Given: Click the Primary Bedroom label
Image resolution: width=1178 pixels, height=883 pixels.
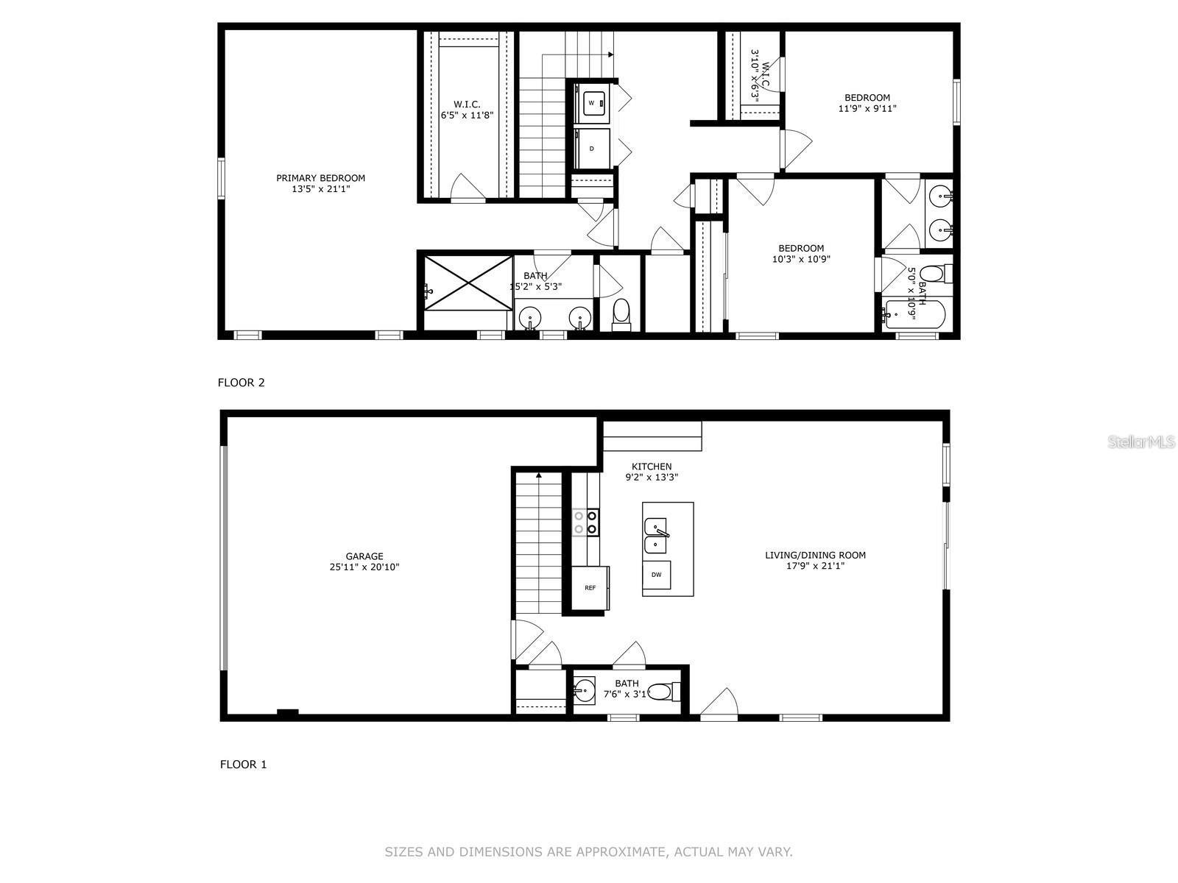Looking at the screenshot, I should tap(320, 178).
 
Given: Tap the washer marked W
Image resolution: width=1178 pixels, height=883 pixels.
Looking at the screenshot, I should tap(592, 103).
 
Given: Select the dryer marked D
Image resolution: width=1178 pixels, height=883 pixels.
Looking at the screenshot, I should tap(592, 149).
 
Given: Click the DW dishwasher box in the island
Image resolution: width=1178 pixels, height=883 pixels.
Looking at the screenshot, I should tap(656, 575).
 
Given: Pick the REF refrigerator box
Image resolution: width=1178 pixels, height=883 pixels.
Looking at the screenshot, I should tap(590, 587).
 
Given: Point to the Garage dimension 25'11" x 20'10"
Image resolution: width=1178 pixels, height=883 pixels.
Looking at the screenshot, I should tap(364, 567).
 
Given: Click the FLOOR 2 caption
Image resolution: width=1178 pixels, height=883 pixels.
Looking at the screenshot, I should tap(241, 383).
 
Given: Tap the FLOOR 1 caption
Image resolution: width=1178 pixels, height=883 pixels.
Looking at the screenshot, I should tap(243, 765).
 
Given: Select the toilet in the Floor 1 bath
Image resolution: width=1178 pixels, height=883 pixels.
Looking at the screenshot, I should tap(664, 692).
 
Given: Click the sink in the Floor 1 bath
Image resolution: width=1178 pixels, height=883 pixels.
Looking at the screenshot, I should tap(585, 691).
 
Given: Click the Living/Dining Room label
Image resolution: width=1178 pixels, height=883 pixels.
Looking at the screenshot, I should tap(815, 555).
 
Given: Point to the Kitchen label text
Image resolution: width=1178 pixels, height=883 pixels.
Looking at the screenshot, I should tap(652, 467).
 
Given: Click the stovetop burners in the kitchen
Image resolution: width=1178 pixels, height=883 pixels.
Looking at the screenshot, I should tap(585, 522).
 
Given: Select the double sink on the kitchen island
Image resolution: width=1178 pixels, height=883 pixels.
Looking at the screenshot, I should tap(655, 536).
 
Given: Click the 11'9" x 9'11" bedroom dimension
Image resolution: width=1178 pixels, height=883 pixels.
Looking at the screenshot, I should tap(867, 108).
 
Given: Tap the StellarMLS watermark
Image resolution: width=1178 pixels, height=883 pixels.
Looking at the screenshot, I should tap(1142, 442).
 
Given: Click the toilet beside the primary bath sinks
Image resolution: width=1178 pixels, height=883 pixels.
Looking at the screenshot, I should tap(621, 313).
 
